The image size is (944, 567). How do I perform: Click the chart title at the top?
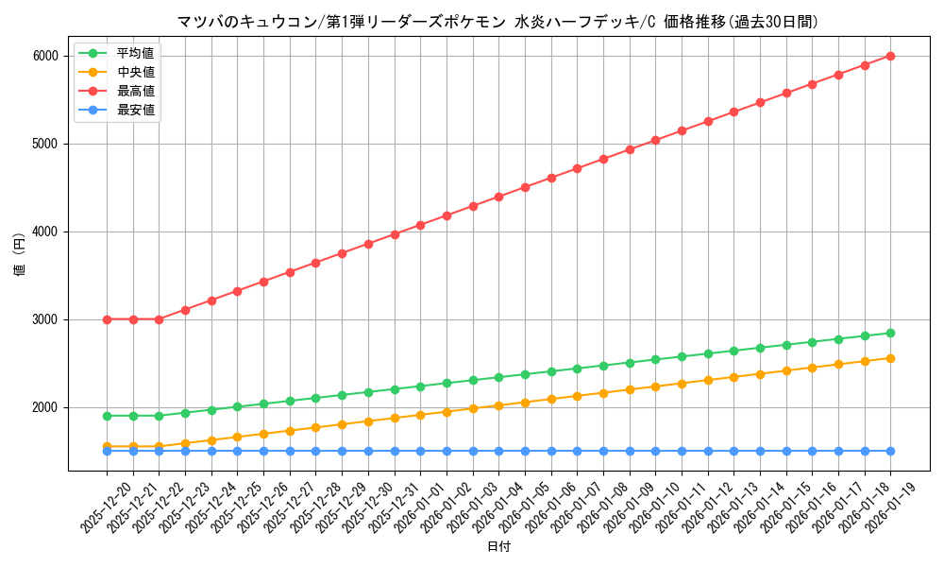coord(497,22)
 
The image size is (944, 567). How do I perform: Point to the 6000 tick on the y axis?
coord(45,56)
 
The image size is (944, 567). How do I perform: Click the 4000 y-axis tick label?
coord(45,232)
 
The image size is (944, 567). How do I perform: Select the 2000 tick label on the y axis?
coord(45,407)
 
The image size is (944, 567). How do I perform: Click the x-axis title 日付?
coord(498,547)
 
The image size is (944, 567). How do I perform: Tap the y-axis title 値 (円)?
coord(19,254)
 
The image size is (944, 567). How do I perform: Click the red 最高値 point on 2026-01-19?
coord(890,56)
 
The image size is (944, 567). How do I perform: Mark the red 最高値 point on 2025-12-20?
coord(107,319)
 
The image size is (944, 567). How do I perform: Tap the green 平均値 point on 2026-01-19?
coord(890,333)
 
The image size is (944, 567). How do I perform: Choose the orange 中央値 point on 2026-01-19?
coord(890,358)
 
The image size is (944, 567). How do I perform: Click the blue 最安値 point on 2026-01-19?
coord(890,451)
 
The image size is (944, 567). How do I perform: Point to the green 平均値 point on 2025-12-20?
coord(107,416)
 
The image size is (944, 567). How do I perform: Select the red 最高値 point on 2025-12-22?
coord(159,319)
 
